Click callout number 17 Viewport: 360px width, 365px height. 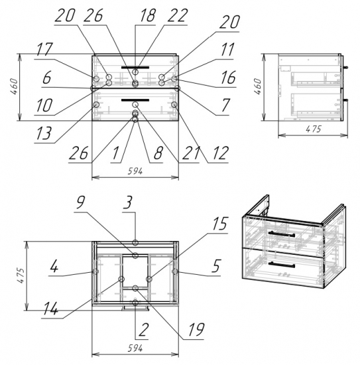[44, 49]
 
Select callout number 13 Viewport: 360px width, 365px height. [43, 133]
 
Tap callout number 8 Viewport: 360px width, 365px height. [158, 153]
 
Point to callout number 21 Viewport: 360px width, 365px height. [191, 153]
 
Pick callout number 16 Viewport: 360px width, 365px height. [228, 78]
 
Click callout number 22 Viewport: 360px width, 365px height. [177, 15]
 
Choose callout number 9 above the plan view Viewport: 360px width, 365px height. [81, 202]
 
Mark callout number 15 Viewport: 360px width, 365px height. [219, 224]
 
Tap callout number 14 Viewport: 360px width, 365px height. [50, 309]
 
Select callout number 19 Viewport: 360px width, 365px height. [196, 329]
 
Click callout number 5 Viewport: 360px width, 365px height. [216, 266]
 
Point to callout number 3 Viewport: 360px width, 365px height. [128, 202]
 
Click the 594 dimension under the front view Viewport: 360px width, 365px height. [135, 171]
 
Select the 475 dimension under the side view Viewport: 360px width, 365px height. [313, 129]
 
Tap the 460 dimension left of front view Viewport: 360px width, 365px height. [14, 86]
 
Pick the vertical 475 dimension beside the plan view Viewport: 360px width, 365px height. [21, 275]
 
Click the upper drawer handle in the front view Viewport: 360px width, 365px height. [135, 68]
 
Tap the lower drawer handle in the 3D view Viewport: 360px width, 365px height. [281, 265]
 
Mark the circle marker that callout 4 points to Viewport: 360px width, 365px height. [95, 271]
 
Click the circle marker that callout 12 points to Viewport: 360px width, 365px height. [174, 105]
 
